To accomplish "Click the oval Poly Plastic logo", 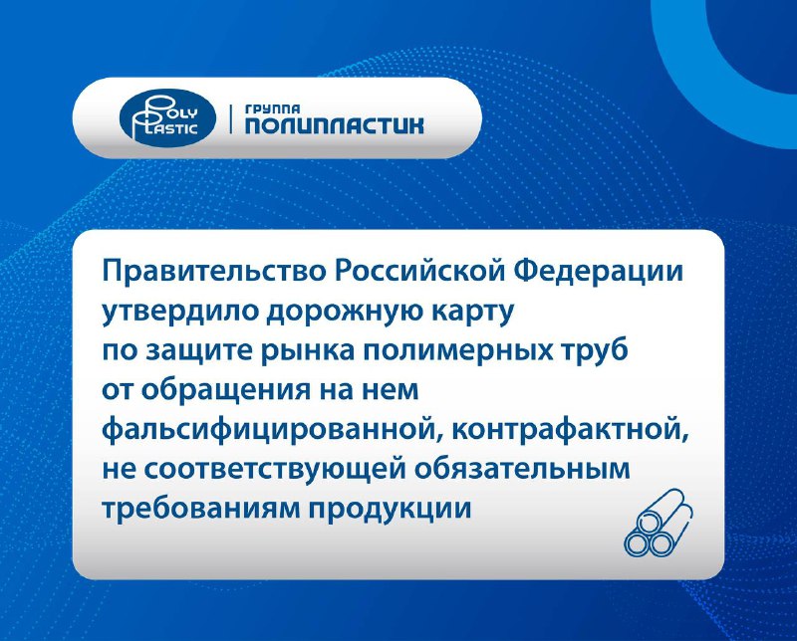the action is pyautogui.click(x=167, y=118).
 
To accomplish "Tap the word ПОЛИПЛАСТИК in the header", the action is pyautogui.click(x=335, y=125).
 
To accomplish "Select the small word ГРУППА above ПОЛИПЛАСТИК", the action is pyautogui.click(x=272, y=108).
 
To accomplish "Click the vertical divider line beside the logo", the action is pyautogui.click(x=231, y=118).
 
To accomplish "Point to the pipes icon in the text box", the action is pyautogui.click(x=659, y=523).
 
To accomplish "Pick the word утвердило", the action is pyautogui.click(x=179, y=312).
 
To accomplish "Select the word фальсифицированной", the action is pyautogui.click(x=272, y=431).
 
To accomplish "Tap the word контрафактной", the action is pyautogui.click(x=572, y=431).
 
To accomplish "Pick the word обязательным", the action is pyautogui.click(x=523, y=468).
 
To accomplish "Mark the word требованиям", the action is pyautogui.click(x=201, y=508).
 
